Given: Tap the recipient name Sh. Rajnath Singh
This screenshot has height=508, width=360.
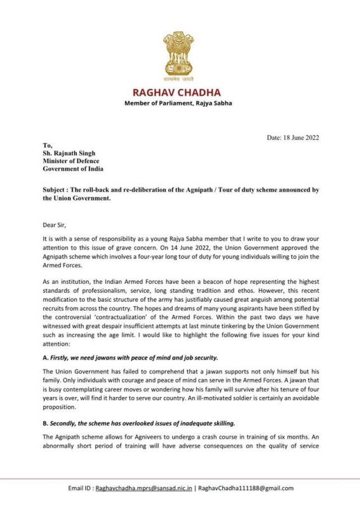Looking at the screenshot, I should (x=70, y=152).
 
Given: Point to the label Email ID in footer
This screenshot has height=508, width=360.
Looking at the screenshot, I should (x=79, y=488).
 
